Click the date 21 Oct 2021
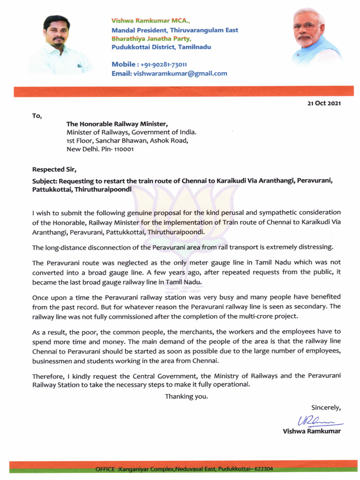coord(321,103)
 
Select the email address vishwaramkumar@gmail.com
coord(180,74)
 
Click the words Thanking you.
coord(186,397)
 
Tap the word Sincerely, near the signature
coord(326,407)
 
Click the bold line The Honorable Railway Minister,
coord(117,124)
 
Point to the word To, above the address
coord(37,116)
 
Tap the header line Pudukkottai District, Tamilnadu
coord(161,47)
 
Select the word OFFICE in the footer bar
coord(106,469)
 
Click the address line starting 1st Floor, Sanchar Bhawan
coord(127,141)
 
